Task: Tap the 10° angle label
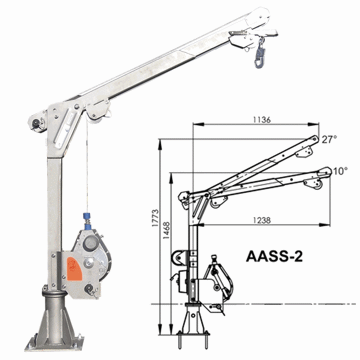[x=340, y=171]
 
